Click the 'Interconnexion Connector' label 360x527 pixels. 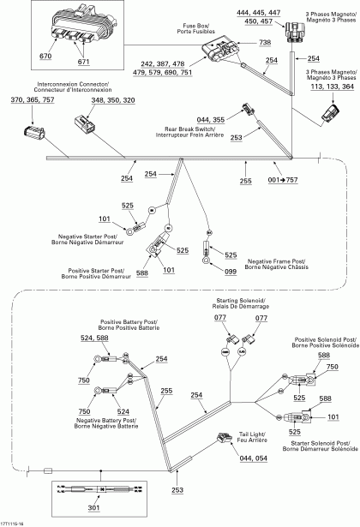[x=73, y=87]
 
